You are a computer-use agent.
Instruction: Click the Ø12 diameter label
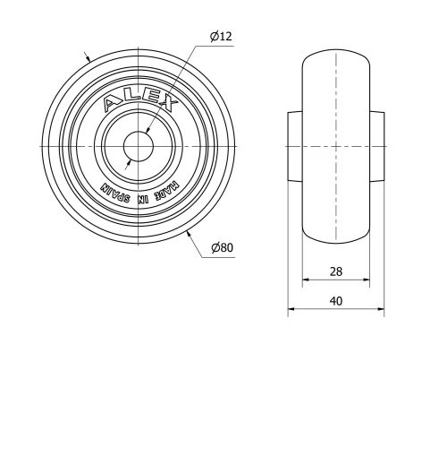point(222,36)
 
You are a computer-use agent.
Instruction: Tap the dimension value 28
point(335,271)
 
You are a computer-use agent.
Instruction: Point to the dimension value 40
point(335,302)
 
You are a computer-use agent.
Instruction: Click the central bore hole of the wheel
point(139,144)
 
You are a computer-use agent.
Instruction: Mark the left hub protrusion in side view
point(295,144)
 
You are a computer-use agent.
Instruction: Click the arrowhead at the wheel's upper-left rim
point(89,56)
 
